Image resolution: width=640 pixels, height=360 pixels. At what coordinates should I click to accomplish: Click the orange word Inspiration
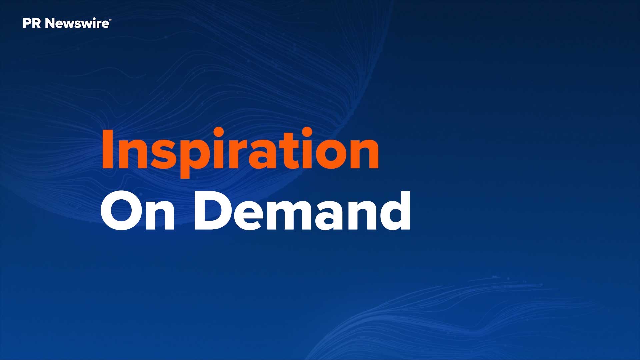240,152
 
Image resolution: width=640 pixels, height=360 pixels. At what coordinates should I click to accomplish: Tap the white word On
138,211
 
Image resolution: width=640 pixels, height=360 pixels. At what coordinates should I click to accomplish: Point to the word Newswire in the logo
77,23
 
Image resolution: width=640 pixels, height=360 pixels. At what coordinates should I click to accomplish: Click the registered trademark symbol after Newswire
110,21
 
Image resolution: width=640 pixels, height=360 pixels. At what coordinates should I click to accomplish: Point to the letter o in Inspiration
328,154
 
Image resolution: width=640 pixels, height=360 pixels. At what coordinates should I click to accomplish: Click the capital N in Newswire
50,23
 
